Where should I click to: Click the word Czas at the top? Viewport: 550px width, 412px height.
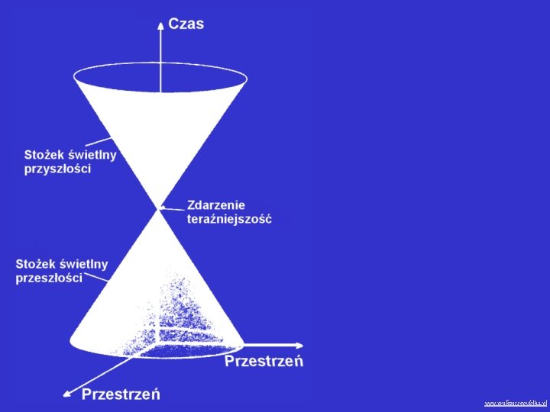[x=186, y=24]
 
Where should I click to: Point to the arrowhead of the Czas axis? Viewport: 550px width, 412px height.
[x=160, y=25]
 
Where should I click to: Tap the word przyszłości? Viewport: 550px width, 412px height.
[x=57, y=169]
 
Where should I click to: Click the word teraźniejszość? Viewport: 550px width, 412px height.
[x=229, y=219]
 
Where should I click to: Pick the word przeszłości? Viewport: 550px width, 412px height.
[x=49, y=278]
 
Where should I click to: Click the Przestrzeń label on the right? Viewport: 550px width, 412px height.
[x=264, y=361]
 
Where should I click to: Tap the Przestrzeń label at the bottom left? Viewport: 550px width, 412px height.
[x=121, y=394]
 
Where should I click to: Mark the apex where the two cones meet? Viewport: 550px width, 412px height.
[x=159, y=208]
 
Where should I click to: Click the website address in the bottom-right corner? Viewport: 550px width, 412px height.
[x=516, y=402]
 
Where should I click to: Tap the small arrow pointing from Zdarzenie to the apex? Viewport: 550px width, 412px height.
[x=174, y=204]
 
